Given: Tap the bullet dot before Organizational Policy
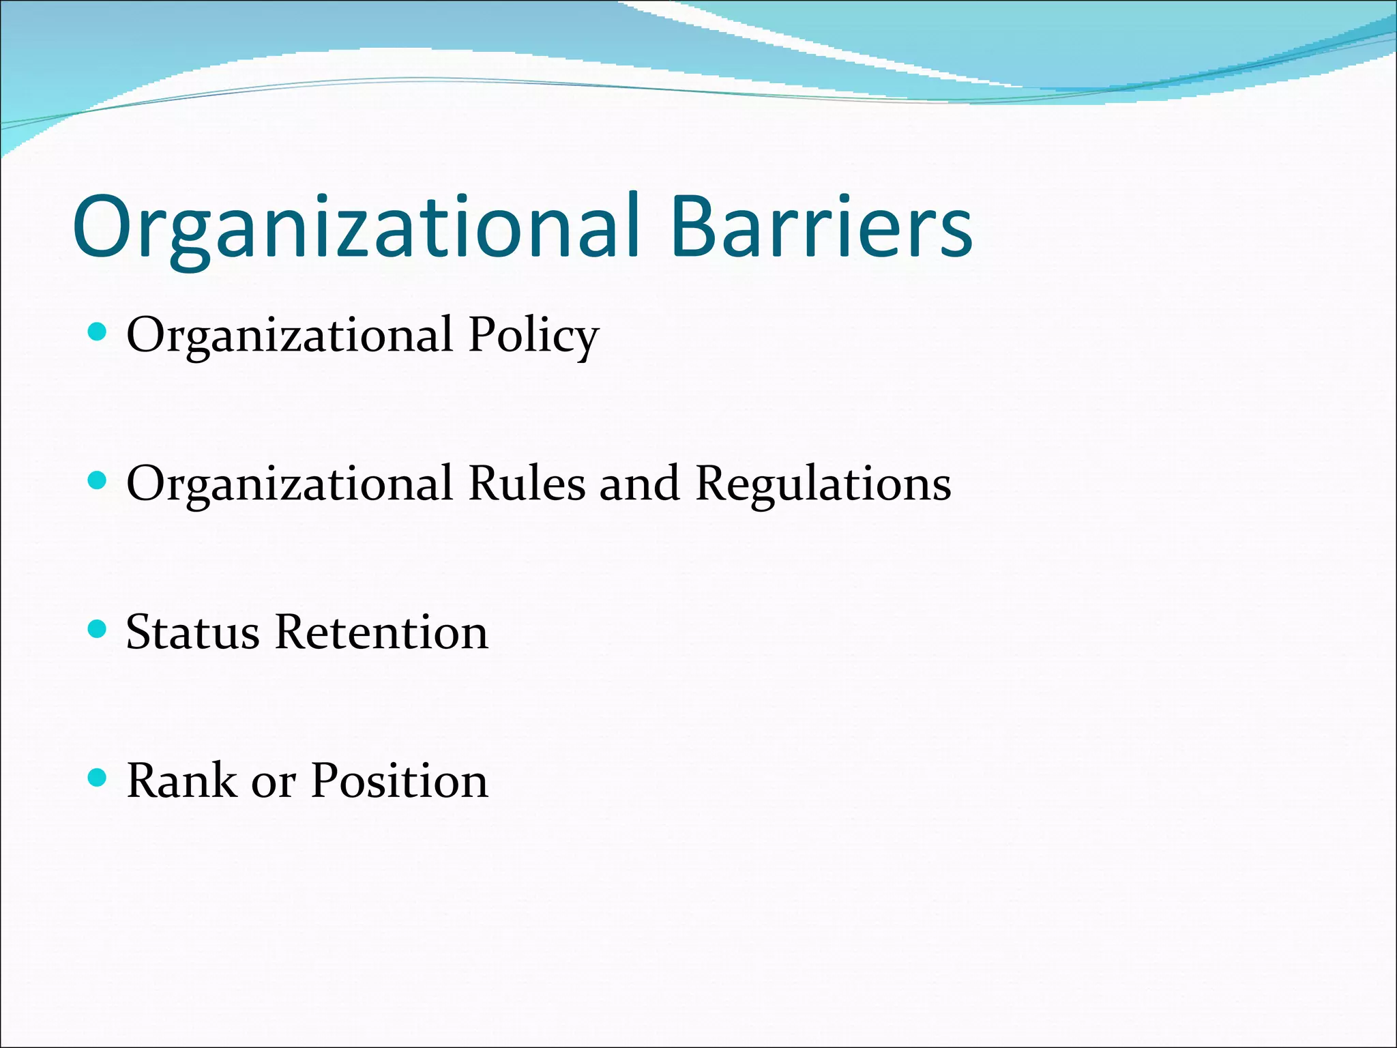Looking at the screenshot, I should tap(98, 332).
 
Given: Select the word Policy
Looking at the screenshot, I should tap(533, 336).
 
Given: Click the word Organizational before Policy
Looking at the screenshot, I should tap(289, 336).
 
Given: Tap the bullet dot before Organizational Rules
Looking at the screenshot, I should tap(98, 480).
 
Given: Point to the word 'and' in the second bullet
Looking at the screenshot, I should tap(640, 484).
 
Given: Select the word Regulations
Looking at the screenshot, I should tap(823, 484).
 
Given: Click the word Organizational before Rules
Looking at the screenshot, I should tap(289, 484).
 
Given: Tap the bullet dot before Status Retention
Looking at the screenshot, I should tap(98, 628).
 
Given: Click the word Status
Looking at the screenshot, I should tap(192, 632).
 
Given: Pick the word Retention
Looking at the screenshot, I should tap(381, 632).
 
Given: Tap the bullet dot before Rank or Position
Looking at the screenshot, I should tap(98, 777).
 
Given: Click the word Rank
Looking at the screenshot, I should tap(181, 781).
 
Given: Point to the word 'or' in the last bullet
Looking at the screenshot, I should tap(274, 785).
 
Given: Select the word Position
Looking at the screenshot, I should tap(400, 781).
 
